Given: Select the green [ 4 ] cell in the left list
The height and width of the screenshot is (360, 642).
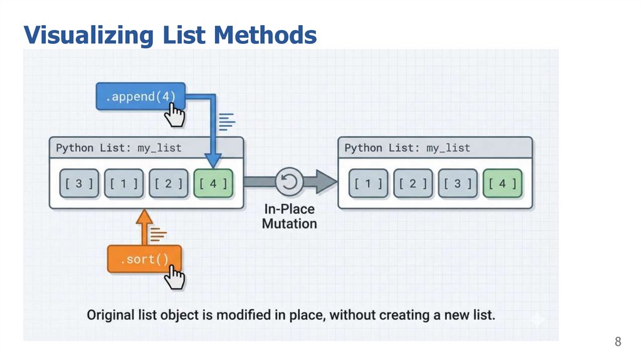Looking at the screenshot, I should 213,183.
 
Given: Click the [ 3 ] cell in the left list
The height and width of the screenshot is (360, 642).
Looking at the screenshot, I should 79,183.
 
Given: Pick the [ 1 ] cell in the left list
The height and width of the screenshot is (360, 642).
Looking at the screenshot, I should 124,183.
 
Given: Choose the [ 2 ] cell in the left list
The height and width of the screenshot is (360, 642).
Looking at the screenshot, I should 169,183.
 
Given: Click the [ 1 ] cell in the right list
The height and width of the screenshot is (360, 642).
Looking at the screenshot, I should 368,183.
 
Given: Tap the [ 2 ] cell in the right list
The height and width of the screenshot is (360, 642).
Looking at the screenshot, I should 413,183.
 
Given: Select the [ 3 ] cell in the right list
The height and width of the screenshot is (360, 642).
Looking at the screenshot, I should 458,183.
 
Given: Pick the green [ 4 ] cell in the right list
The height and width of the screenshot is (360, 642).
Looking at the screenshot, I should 502,183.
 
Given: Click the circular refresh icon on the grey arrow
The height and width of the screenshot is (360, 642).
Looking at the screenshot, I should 289,182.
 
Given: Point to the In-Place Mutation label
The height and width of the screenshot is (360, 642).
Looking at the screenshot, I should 289,216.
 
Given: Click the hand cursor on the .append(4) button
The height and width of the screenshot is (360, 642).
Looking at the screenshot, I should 174,115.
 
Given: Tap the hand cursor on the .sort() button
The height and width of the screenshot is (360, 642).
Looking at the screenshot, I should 175,277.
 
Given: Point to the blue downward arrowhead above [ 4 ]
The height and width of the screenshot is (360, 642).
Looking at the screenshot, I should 213,160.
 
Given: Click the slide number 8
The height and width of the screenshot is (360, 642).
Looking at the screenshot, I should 618,342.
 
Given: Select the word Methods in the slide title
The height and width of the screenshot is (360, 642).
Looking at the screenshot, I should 265,34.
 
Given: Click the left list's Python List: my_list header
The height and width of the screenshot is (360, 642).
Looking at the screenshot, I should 118,148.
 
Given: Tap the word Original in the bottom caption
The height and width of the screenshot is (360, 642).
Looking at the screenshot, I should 113,315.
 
